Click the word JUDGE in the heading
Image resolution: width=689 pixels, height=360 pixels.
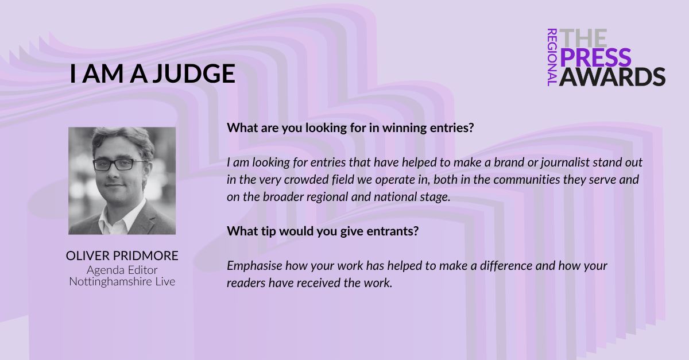tap(194, 74)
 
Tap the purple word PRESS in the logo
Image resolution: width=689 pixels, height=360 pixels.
tap(595, 57)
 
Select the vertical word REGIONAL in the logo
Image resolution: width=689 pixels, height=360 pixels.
tap(552, 57)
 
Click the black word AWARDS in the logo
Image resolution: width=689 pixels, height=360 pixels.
tap(612, 76)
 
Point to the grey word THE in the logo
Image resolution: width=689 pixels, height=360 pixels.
tap(583, 38)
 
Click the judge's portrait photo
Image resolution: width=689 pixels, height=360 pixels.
tap(122, 181)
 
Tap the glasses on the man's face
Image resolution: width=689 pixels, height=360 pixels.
tap(118, 165)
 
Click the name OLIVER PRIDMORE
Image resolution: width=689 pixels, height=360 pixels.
tap(122, 256)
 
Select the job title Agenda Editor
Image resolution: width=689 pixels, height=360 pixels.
tap(122, 270)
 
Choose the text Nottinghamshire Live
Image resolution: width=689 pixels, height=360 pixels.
tap(122, 281)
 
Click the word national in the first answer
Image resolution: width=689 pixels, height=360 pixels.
tap(394, 197)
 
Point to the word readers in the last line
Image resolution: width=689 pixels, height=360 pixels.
tap(246, 283)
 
